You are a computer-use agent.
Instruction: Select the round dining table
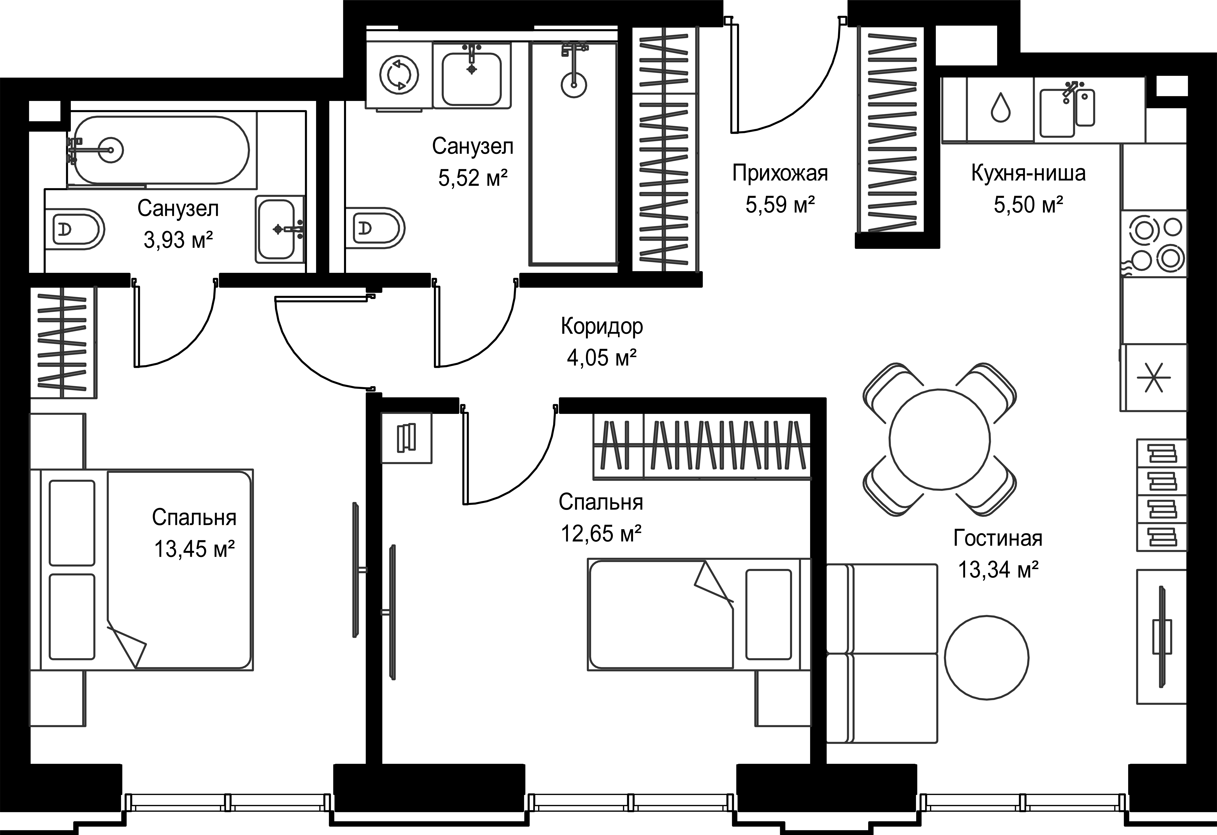pos(940,439)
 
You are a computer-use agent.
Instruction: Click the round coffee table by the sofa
pos(987,657)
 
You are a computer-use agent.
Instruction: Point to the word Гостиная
pos(998,538)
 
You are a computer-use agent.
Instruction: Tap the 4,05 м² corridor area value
pos(602,358)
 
